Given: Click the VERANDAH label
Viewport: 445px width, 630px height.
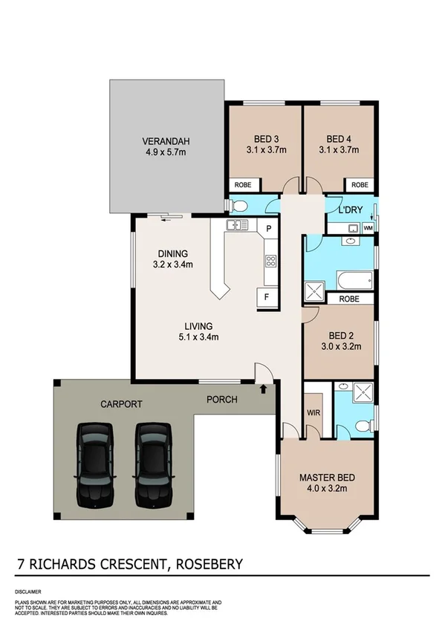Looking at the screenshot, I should (x=166, y=140).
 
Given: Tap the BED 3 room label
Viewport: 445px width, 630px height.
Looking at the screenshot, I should (x=266, y=139).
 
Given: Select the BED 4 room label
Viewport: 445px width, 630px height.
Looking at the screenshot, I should (x=338, y=139).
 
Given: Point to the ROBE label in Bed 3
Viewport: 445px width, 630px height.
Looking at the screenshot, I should (x=243, y=184).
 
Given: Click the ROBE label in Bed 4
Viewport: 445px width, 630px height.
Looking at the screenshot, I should (x=360, y=184).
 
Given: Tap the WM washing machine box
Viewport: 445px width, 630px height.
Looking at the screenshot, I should (x=368, y=228).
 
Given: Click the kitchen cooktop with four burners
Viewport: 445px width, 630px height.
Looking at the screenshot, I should (x=270, y=261).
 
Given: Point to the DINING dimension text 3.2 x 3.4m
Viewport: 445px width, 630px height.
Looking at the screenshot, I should (x=172, y=264).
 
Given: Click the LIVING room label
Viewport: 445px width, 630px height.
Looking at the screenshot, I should (x=198, y=325).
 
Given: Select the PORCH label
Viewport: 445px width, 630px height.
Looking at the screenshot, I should (x=221, y=400).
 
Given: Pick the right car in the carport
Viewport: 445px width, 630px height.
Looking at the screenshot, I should (x=153, y=463).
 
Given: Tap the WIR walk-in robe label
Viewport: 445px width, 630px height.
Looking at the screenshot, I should (x=312, y=411).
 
